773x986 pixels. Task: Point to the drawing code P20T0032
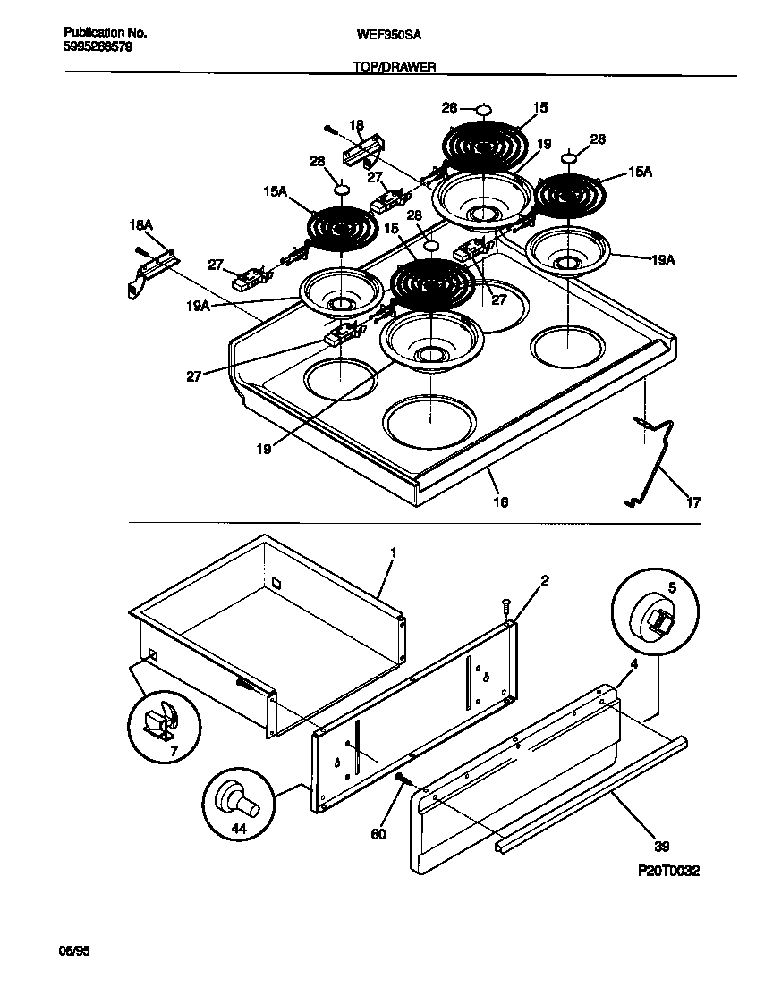[x=668, y=870]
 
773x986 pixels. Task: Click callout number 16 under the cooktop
[x=500, y=502]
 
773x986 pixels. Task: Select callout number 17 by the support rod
[x=693, y=502]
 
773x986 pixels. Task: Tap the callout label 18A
[x=143, y=229]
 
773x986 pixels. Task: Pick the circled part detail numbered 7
[x=163, y=722]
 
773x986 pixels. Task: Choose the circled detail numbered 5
[x=655, y=614]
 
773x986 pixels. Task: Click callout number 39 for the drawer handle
[x=661, y=846]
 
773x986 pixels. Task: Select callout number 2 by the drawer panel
[x=544, y=580]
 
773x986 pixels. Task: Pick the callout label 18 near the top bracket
[x=356, y=126]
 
